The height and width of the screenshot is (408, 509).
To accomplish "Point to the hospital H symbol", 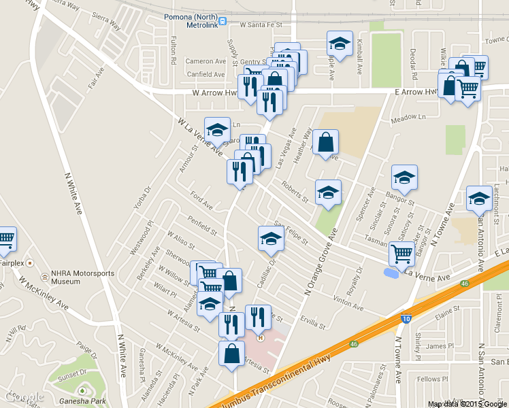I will (259, 335).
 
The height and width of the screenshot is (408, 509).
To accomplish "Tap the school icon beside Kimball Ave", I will (338, 45).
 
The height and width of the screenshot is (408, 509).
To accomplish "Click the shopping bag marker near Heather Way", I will (326, 143).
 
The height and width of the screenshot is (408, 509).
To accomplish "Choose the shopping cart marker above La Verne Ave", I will (401, 254).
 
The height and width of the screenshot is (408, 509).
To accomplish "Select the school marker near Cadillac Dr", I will (270, 239).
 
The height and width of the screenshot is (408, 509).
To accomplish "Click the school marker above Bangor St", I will (404, 177).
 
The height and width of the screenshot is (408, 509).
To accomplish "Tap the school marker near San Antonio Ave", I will (479, 199).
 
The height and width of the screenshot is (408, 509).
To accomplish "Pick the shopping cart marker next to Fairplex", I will (5, 239).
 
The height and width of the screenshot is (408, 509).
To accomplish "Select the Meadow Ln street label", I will (408, 118).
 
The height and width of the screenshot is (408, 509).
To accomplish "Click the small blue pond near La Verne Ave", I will (391, 273).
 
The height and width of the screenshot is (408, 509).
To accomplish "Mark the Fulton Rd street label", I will (174, 50).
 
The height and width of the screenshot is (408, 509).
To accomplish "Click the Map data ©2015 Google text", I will (467, 403).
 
